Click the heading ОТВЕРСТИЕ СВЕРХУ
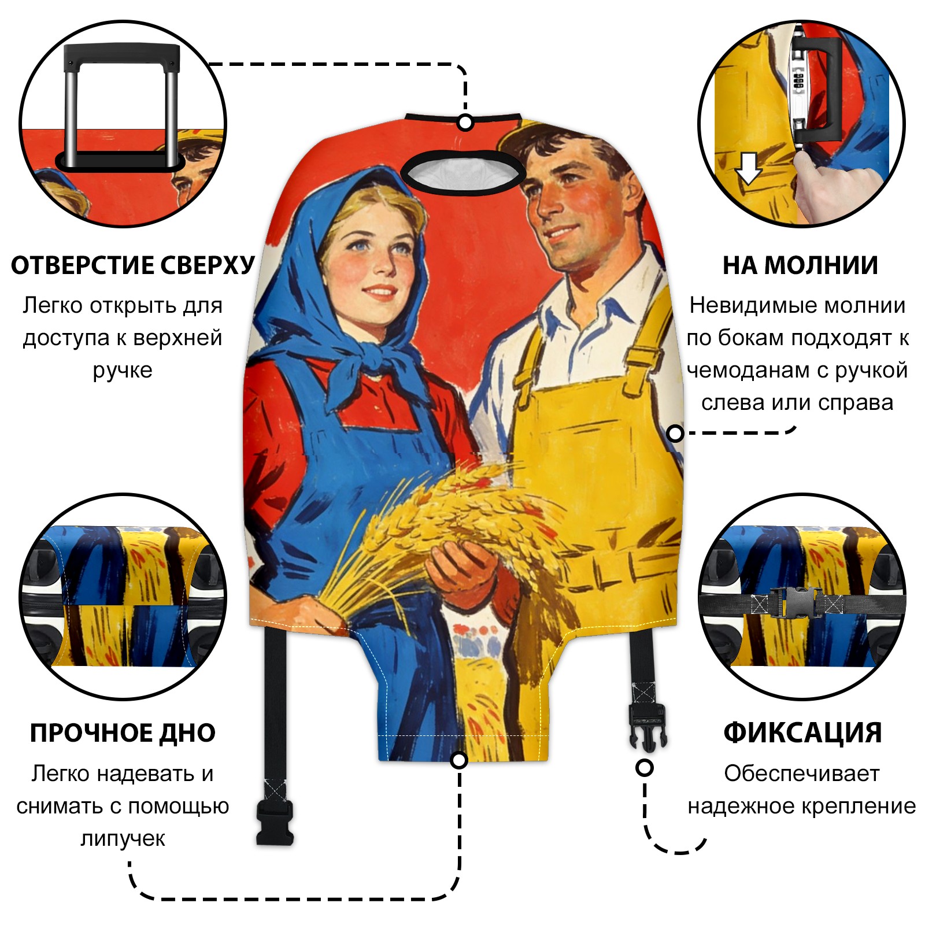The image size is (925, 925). pos(133,265)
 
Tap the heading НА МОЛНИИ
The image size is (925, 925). pos(800,265)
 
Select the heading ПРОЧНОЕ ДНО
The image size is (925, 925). pos(123,732)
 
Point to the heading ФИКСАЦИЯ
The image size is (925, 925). pos(802,732)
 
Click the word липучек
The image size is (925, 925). pos(123,838)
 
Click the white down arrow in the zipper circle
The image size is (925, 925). pos(749,168)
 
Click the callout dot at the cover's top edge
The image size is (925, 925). pos(465,123)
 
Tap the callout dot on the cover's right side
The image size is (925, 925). pos(675,433)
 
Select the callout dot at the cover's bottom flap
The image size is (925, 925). pos(459,760)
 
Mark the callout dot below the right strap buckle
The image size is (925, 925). pos(645,768)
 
